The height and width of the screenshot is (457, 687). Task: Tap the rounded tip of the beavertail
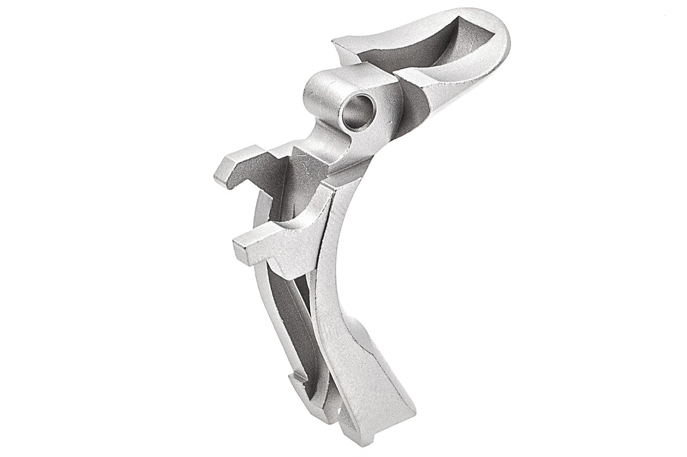pyautogui.click(x=500, y=30)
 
